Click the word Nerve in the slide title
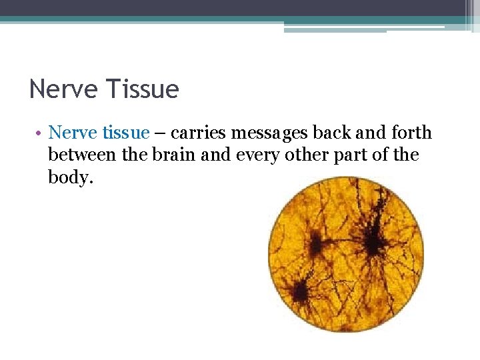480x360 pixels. coord(62,89)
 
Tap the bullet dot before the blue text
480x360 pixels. coord(40,133)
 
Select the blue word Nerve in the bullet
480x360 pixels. coord(73,133)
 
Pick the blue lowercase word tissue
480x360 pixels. coord(126,133)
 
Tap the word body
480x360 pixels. coord(68,178)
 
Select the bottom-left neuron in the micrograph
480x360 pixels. coord(299,291)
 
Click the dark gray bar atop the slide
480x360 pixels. coord(240,7)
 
